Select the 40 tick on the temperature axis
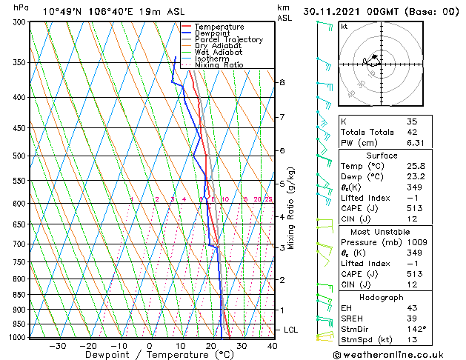click(x=272, y=346)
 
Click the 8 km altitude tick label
click(x=282, y=82)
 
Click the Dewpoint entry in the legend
click(x=212, y=33)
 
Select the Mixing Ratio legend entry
click(x=219, y=65)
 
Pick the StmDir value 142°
click(x=417, y=329)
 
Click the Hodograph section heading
click(x=382, y=297)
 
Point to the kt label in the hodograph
click(x=344, y=27)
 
